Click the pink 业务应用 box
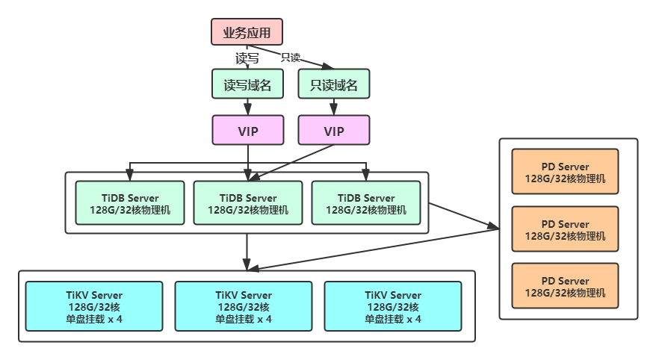(247, 32)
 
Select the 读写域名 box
(247, 85)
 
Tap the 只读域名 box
(334, 85)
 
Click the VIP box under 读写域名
(247, 131)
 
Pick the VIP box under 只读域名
(334, 131)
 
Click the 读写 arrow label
(247, 57)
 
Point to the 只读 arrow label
(290, 58)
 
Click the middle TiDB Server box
(248, 203)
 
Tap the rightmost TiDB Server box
(366, 203)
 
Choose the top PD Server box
(565, 173)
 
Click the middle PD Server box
(565, 229)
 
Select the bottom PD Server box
(565, 286)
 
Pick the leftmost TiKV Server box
(94, 306)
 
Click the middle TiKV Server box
(244, 306)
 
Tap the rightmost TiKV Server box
(393, 306)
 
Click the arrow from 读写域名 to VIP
(247, 108)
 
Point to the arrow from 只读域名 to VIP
(334, 108)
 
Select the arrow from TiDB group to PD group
(463, 216)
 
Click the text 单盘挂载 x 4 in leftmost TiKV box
(94, 319)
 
